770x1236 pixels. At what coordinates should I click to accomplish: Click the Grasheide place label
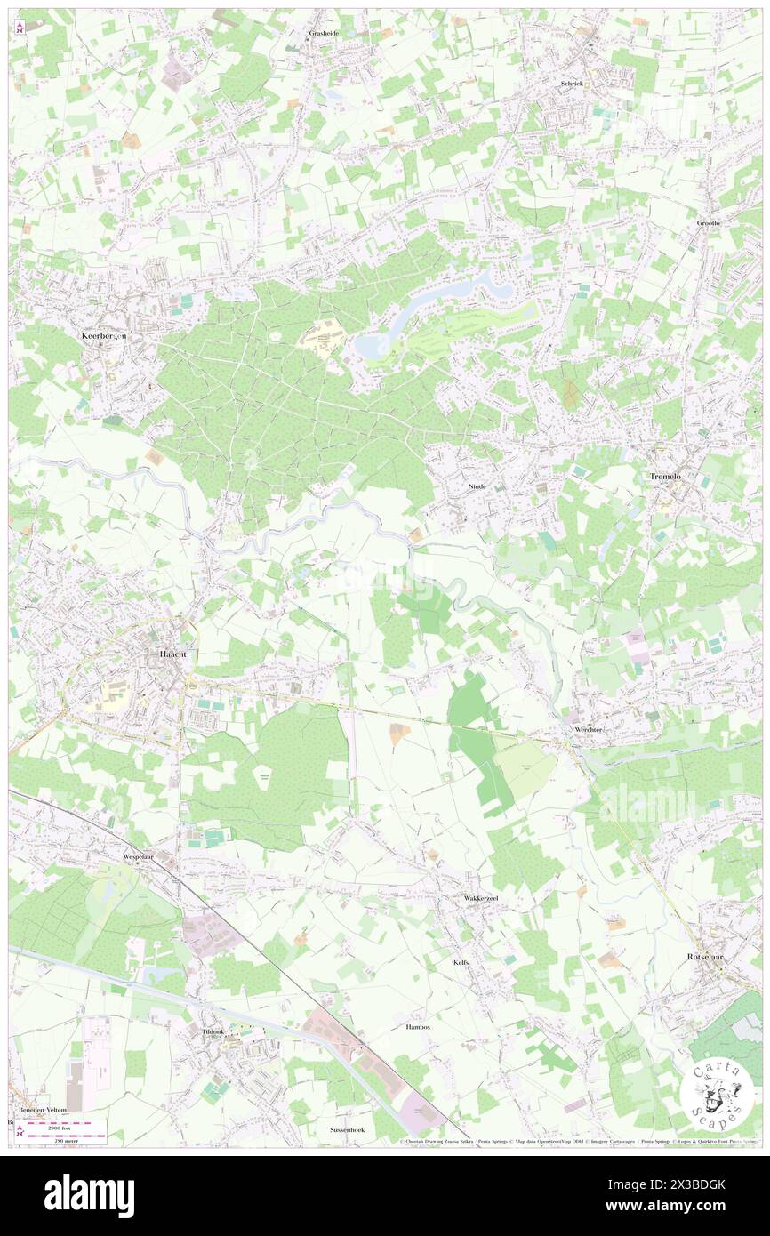coord(325,33)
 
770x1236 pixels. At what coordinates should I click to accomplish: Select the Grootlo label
coord(709,221)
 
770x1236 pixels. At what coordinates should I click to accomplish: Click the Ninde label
coord(477,488)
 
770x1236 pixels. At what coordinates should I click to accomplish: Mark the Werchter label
coord(588,730)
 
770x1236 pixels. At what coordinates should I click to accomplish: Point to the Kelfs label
coord(461,963)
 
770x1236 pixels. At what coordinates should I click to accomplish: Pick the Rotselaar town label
coord(709,957)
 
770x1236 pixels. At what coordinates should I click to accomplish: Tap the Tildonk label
coord(213,1032)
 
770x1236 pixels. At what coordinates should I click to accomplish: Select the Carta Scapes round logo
coord(719,1093)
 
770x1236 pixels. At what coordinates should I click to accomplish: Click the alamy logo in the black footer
coord(89,1196)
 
